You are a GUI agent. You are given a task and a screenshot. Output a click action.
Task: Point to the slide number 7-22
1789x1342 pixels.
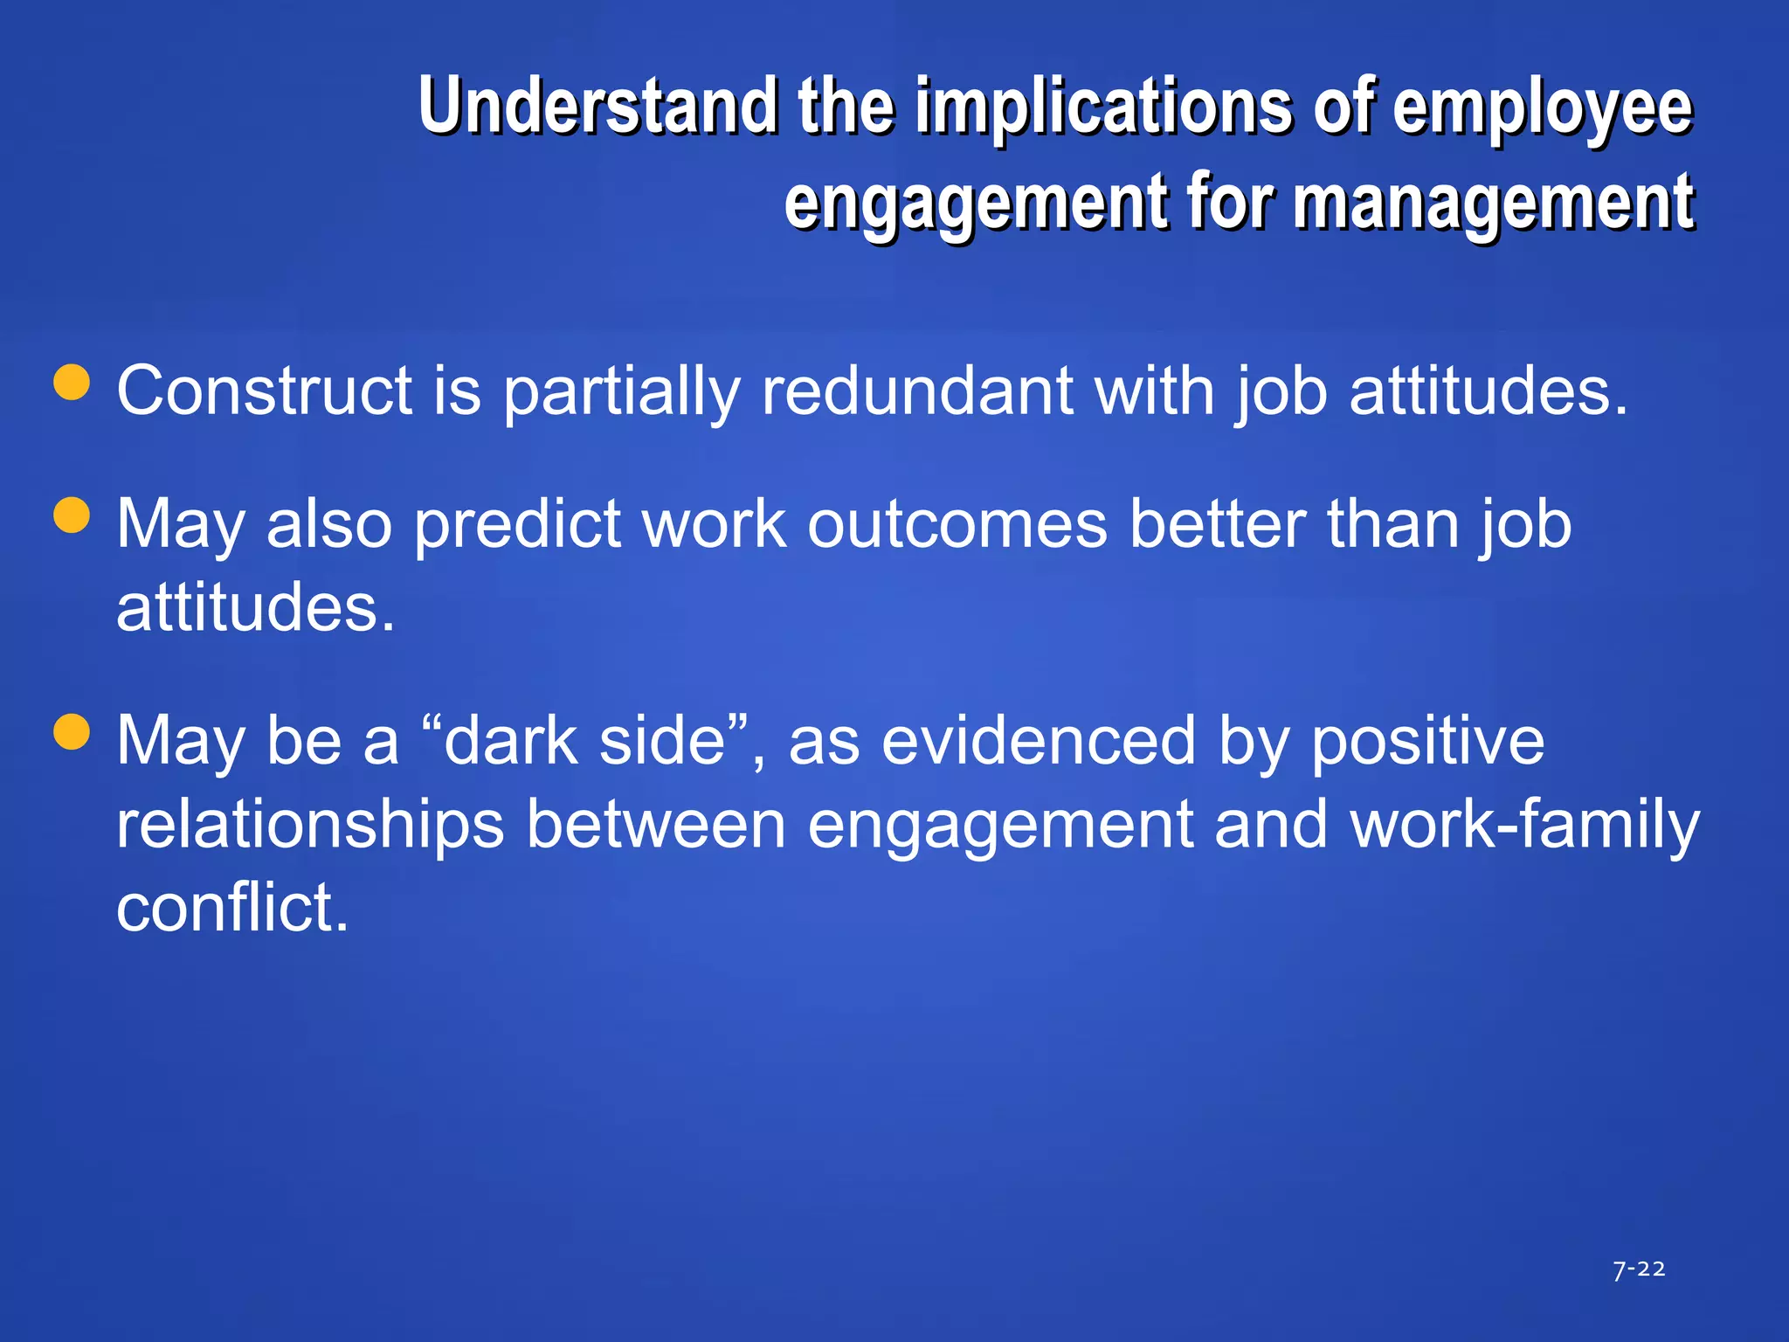point(1639,1269)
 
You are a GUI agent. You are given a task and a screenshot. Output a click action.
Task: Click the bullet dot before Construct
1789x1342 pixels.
point(72,382)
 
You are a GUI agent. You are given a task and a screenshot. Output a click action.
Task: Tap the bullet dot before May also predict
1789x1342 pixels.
point(72,515)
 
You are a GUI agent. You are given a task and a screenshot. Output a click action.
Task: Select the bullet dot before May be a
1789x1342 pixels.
point(72,732)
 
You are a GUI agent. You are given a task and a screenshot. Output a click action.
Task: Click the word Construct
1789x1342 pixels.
point(265,391)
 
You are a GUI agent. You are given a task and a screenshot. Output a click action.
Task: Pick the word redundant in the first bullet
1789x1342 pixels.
point(917,391)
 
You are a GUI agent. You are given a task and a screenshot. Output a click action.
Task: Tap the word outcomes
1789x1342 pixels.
point(957,525)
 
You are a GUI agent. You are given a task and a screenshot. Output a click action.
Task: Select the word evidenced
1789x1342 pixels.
point(1039,741)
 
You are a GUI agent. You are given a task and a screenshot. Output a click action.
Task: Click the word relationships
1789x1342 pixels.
point(310,827)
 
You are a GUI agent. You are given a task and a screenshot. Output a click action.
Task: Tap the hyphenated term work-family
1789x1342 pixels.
point(1524,825)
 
